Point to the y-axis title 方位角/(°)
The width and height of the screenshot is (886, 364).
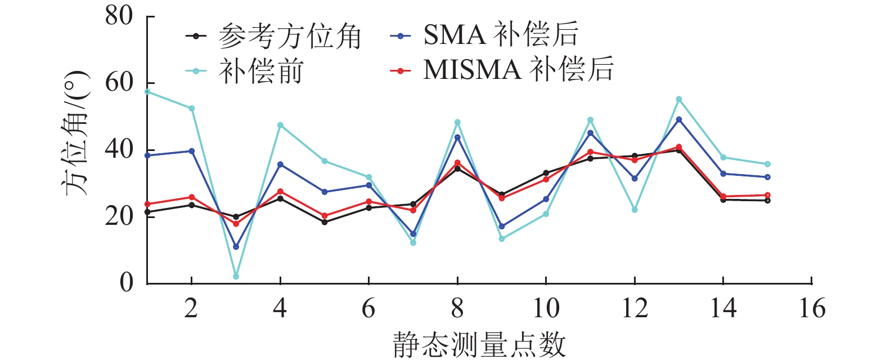point(75,133)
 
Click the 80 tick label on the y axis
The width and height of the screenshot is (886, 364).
point(119,16)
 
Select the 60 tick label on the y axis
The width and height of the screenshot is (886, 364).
point(119,83)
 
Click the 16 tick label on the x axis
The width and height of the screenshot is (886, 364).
point(812,309)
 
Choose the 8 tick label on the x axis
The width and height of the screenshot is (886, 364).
point(457,309)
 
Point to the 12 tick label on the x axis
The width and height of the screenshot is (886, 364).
point(635,309)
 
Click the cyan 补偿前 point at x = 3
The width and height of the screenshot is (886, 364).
point(236,276)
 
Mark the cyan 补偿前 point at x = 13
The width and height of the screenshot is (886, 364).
point(679,99)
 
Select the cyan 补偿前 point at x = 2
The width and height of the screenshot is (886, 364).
point(191,108)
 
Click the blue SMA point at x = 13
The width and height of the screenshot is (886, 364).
point(679,119)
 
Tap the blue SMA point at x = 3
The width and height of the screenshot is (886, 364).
point(236,247)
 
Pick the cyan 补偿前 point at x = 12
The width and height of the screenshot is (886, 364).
point(635,210)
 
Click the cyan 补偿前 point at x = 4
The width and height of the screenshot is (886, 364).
point(280,125)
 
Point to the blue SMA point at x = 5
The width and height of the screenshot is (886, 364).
point(325,192)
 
